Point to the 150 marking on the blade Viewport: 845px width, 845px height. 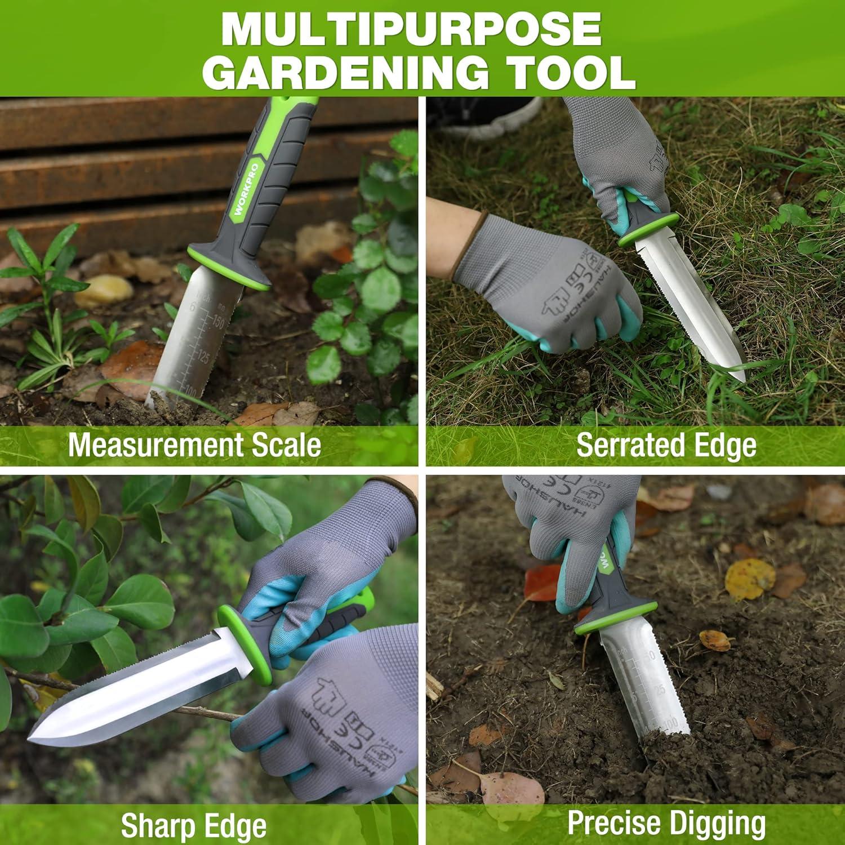pyautogui.click(x=216, y=322)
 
